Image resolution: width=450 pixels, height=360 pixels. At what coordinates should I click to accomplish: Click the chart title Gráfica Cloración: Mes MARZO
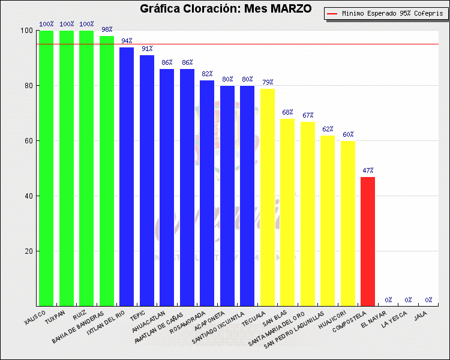click(226, 9)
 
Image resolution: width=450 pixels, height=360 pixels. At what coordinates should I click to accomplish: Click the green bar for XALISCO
click(46, 168)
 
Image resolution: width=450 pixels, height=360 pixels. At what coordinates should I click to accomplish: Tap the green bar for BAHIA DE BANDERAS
click(107, 171)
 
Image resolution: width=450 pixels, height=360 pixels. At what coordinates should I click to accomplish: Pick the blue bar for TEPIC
click(147, 180)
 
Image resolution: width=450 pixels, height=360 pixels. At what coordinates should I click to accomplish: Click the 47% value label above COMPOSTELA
click(368, 170)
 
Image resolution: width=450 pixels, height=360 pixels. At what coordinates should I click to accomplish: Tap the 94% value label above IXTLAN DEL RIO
click(127, 40)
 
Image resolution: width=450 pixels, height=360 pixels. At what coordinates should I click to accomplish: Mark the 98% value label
click(107, 29)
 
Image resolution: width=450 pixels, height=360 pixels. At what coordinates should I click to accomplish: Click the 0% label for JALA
click(428, 299)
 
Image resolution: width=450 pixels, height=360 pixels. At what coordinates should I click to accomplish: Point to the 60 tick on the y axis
click(28, 141)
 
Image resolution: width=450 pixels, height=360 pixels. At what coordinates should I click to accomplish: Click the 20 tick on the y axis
click(28, 251)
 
